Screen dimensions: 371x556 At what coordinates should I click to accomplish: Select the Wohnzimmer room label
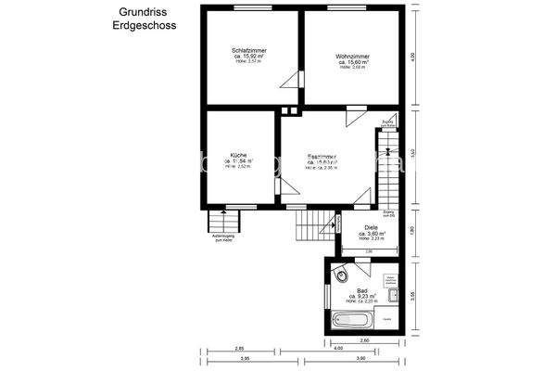pos(353,56)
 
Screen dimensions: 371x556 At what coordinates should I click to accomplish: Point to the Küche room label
pos(237,154)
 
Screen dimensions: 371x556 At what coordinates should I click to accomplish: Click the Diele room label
pos(371,226)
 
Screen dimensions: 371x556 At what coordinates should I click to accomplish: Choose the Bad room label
pos(363,289)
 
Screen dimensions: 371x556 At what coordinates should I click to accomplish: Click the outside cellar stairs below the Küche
pos(222,223)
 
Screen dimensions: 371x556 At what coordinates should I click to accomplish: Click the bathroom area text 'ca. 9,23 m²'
pos(363,296)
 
